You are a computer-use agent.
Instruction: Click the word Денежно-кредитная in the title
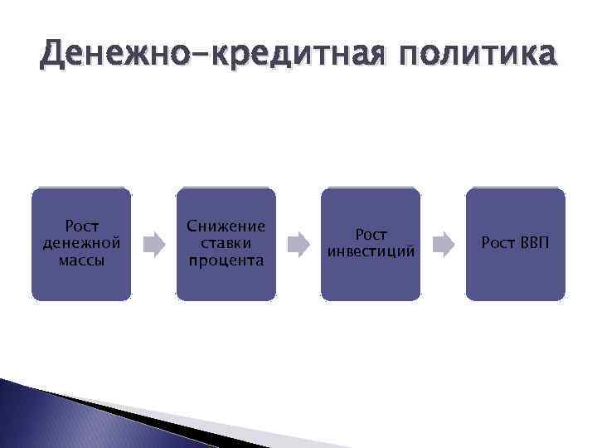pos(213,56)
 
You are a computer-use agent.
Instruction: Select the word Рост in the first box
pos(81,226)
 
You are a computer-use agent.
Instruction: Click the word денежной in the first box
pos(81,243)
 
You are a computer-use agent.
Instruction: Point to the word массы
pos(81,261)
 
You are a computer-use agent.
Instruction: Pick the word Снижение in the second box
pos(226,226)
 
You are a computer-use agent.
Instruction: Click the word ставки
pos(226,243)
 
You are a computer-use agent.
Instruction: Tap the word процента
pos(226,261)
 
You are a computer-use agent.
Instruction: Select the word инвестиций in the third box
pos(371,251)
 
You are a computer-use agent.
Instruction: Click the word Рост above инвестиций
pos(371,235)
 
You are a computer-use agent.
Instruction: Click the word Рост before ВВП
pos(498,244)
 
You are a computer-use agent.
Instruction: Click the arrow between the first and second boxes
pos(153,244)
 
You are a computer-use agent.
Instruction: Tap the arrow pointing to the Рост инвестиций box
pos(298,244)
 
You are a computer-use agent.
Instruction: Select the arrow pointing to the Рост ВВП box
pos(443,244)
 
